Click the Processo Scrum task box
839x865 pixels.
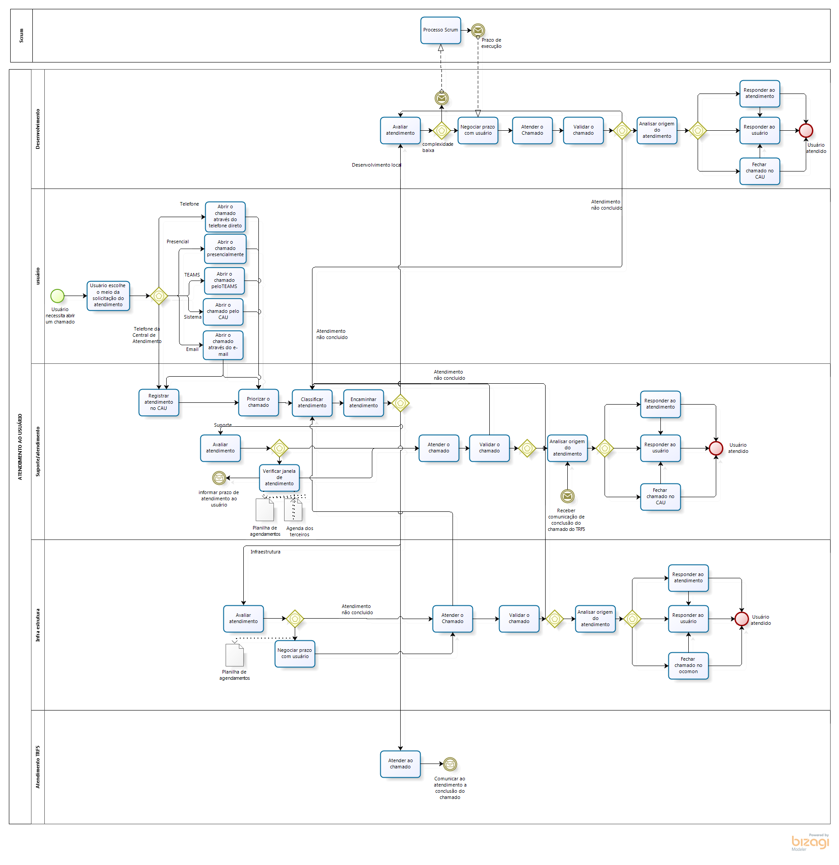(x=440, y=30)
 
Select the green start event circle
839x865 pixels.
(x=57, y=296)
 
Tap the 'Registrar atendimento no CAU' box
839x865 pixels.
(x=159, y=402)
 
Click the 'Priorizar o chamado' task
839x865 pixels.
(x=258, y=402)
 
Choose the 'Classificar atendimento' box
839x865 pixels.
(x=312, y=403)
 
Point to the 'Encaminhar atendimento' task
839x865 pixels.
(x=363, y=403)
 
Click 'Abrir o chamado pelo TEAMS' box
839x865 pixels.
(x=224, y=281)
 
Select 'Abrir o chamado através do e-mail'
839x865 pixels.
(x=223, y=345)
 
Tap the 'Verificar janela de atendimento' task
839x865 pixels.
(x=279, y=477)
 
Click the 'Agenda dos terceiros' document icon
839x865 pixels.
(x=293, y=510)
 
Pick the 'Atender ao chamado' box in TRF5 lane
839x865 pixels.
(x=400, y=764)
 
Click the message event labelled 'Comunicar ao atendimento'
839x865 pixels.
(x=450, y=764)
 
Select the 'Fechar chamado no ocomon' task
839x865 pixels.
(x=688, y=665)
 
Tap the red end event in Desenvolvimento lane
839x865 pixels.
(x=806, y=131)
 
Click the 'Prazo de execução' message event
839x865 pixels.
(x=478, y=30)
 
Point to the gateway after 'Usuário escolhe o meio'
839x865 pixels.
(x=159, y=296)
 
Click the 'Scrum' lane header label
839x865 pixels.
(x=21, y=35)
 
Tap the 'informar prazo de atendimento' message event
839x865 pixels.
(x=219, y=478)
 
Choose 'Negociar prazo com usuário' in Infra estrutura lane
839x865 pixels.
(x=295, y=654)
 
